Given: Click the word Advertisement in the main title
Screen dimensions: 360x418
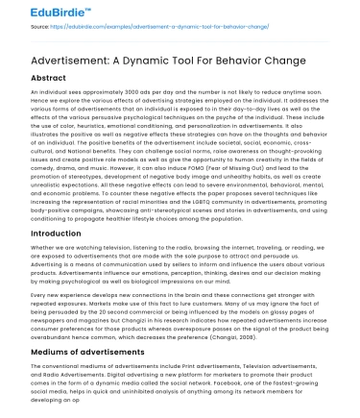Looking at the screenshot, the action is tap(59, 60).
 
